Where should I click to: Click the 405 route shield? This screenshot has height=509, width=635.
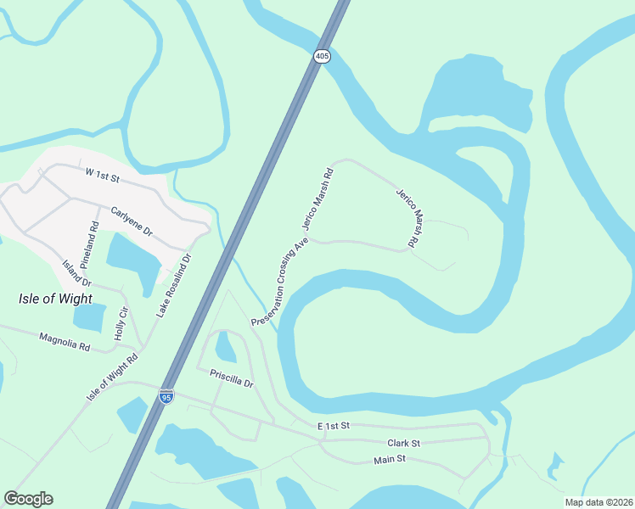click(321, 56)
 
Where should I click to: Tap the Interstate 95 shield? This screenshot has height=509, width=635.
click(166, 396)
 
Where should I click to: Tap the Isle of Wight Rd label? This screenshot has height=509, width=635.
click(111, 378)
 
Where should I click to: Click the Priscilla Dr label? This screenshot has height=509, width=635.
click(225, 377)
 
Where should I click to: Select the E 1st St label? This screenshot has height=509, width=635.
click(334, 425)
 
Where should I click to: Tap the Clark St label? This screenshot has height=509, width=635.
click(403, 443)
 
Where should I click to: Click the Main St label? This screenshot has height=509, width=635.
click(391, 459)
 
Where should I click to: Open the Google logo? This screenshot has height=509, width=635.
click(28, 499)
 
